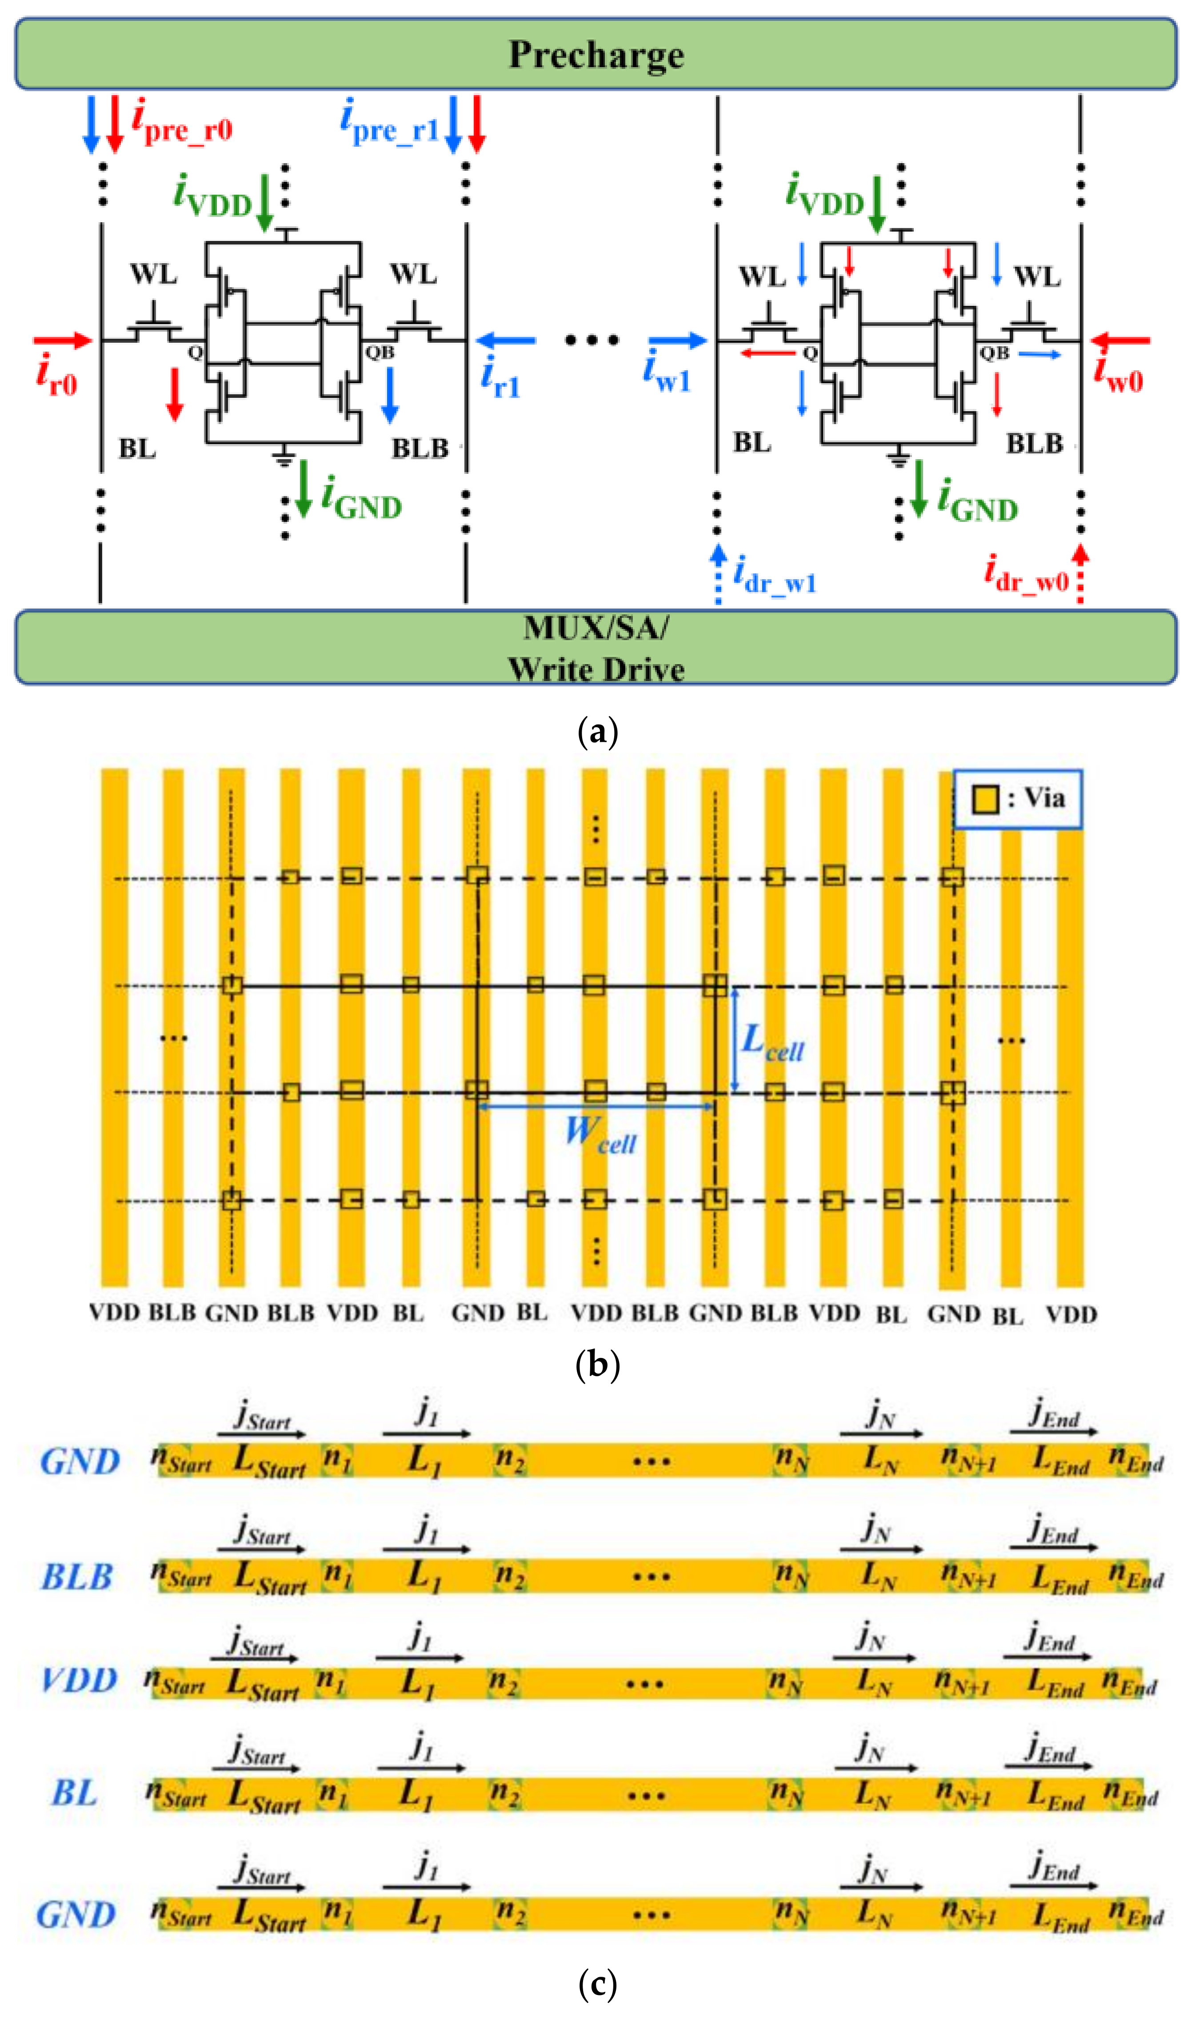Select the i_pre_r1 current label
pyautogui.click(x=389, y=121)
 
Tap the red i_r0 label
pyautogui.click(x=56, y=374)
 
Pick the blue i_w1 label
pyautogui.click(x=667, y=370)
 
